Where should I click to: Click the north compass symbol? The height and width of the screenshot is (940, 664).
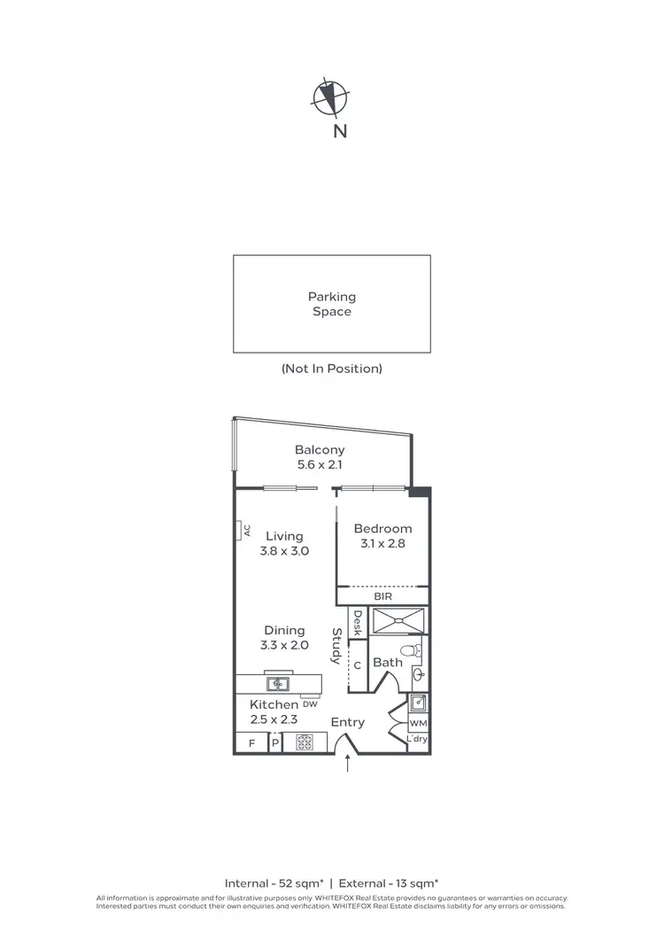(x=331, y=97)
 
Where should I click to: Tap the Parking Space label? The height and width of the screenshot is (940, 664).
(x=331, y=304)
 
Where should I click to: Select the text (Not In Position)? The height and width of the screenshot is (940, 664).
(x=331, y=369)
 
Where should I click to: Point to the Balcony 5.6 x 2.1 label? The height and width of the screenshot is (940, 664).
(x=320, y=457)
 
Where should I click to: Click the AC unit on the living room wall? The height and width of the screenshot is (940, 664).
(x=240, y=530)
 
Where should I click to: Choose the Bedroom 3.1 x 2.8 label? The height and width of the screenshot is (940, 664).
(x=382, y=537)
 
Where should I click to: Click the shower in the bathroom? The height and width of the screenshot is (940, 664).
(x=399, y=622)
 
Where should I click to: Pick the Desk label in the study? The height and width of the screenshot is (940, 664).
(x=358, y=624)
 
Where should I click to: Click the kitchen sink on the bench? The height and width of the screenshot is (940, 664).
(x=278, y=684)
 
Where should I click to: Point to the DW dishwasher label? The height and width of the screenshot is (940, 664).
(x=310, y=705)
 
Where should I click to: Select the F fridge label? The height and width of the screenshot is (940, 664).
(x=251, y=743)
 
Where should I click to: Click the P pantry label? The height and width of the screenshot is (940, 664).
(x=274, y=743)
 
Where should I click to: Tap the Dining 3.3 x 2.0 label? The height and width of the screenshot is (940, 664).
(x=284, y=638)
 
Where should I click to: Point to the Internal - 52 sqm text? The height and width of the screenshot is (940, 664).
(x=273, y=882)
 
